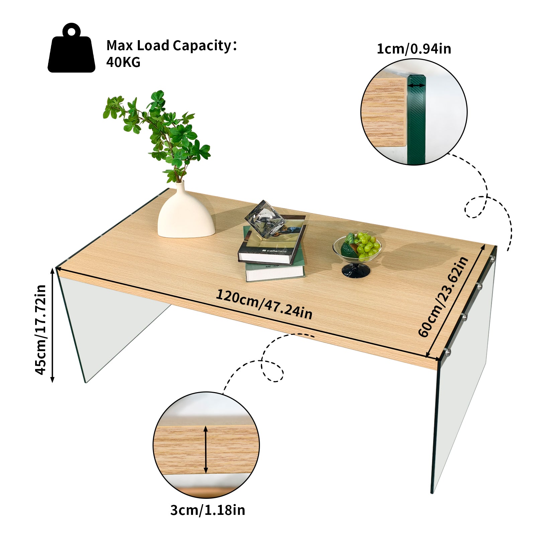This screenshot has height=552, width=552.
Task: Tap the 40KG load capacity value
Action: pyautogui.click(x=123, y=63)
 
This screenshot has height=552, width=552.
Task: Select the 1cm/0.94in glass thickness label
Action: pyautogui.click(x=414, y=49)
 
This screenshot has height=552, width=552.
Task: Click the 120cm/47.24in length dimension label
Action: pyautogui.click(x=264, y=304)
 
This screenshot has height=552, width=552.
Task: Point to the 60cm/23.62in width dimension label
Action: pyautogui.click(x=443, y=297)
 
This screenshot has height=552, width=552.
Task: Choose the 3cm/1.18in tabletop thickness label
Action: pyautogui.click(x=207, y=510)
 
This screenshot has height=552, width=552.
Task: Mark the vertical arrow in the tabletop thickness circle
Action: pyautogui.click(x=206, y=449)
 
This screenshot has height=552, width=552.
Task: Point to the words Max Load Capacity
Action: pyautogui.click(x=169, y=45)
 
